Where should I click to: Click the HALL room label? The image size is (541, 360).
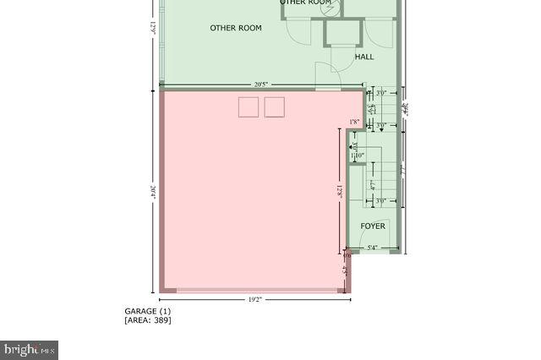tap(364, 57)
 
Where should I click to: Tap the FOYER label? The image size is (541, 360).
tap(373, 226)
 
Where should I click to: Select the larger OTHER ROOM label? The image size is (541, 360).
tap(236, 28)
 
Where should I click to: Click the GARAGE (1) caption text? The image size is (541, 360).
tap(148, 311)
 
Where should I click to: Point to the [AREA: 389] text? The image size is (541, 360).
tap(148, 320)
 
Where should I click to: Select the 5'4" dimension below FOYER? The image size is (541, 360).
tap(372, 248)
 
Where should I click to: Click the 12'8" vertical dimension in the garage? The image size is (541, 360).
tap(338, 192)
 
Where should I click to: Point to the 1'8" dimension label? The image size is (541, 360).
tap(355, 122)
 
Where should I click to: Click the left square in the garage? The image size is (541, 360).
tap(249, 106)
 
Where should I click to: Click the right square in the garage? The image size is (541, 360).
tap(275, 106)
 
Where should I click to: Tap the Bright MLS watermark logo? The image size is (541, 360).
tap(30, 349)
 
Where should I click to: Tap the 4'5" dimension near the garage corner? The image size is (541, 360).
tap(345, 272)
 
